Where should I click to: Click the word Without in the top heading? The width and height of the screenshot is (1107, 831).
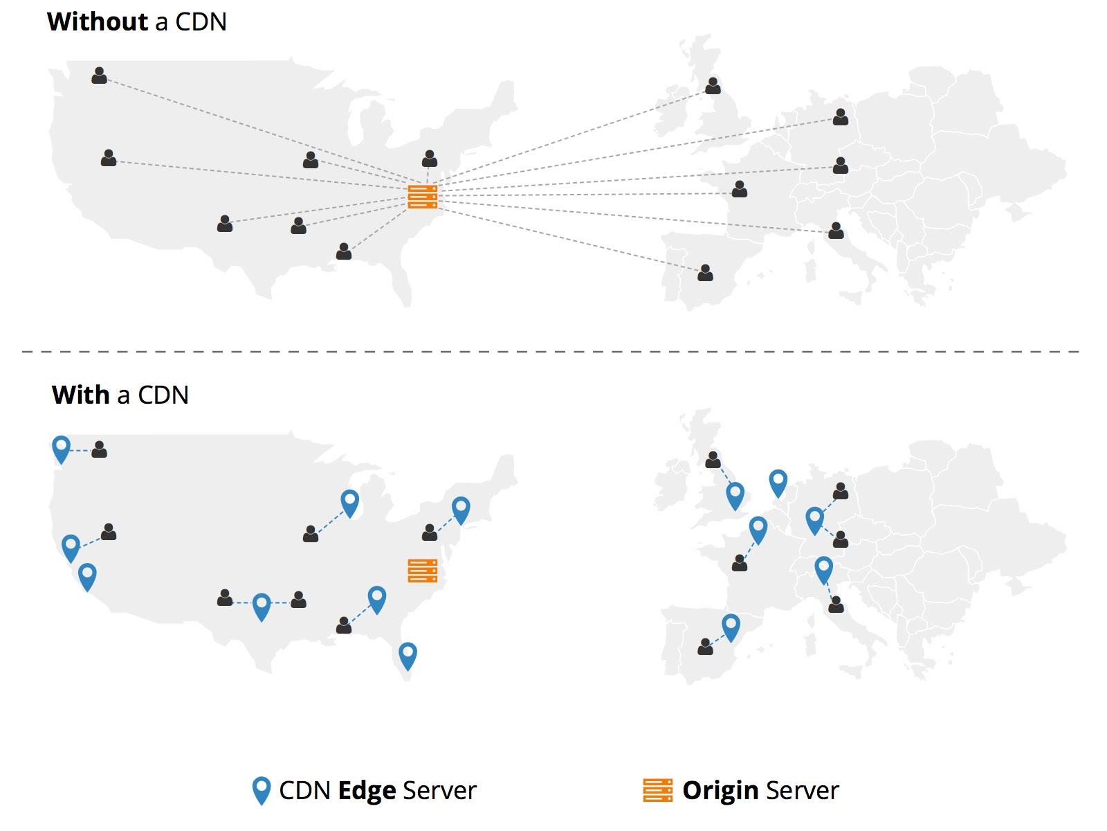click(98, 21)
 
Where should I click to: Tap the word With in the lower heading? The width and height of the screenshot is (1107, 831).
click(81, 395)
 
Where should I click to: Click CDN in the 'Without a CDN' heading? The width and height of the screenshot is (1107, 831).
click(201, 22)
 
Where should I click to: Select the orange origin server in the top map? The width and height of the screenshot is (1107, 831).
click(423, 197)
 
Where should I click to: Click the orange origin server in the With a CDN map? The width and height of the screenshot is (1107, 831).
click(423, 571)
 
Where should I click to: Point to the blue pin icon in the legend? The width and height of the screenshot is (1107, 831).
click(262, 791)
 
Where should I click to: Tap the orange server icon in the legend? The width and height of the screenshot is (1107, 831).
click(658, 790)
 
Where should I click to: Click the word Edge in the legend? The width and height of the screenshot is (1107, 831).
click(367, 791)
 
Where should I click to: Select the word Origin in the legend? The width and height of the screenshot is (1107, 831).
click(720, 791)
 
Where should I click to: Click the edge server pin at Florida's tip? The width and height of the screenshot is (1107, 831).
click(408, 656)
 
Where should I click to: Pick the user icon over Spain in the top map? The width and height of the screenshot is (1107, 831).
click(705, 273)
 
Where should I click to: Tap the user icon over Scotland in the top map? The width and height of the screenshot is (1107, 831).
click(713, 86)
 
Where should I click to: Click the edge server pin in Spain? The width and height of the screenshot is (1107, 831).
click(731, 627)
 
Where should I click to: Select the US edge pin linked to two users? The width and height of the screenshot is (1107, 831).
click(262, 607)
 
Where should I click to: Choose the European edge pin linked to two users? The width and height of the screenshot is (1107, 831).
click(814, 521)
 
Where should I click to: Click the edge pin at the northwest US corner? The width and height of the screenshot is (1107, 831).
click(61, 449)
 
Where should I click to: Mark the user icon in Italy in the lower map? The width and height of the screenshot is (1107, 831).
click(836, 605)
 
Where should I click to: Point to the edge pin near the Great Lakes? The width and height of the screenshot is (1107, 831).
click(349, 503)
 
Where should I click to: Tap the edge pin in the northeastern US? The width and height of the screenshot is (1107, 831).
click(461, 510)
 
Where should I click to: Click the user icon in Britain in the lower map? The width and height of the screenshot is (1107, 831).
click(713, 460)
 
